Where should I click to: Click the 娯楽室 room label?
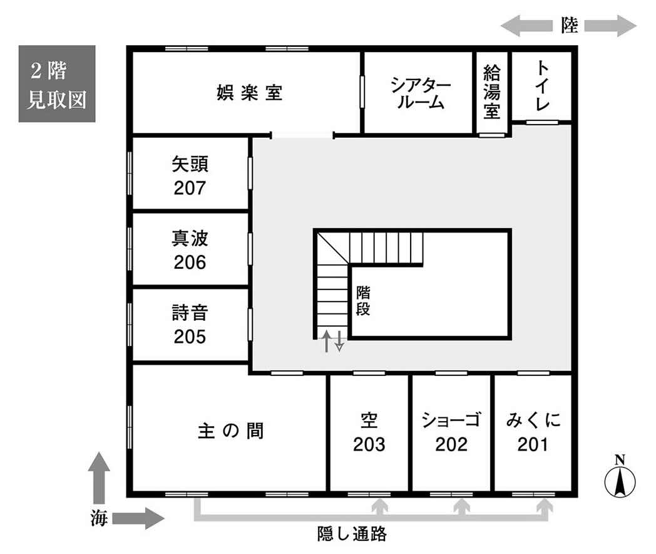point(249,93)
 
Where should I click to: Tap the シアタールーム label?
point(421,93)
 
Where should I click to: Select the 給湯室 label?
point(491,92)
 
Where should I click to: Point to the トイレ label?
point(542,85)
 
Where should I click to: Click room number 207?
point(190,188)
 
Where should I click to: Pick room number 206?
point(190,263)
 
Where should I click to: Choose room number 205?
point(190,337)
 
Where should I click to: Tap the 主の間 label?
point(230,431)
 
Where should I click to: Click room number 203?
point(369,444)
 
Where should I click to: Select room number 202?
point(451,444)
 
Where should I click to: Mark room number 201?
point(533,444)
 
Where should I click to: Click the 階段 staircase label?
point(362,301)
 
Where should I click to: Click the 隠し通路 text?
point(352,534)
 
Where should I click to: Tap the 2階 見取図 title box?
point(57,84)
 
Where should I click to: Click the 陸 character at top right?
point(570,26)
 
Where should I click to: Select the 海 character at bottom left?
point(99,518)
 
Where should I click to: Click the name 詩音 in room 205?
point(190,313)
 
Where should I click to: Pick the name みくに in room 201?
point(533,420)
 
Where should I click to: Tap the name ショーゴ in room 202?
point(451,420)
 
